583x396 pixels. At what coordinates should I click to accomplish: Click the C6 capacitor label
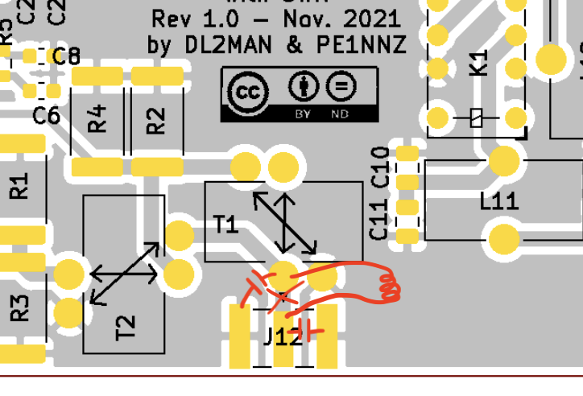click(46, 116)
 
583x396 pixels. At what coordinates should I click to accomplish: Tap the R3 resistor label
click(19, 307)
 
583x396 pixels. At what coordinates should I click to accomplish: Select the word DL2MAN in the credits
click(228, 45)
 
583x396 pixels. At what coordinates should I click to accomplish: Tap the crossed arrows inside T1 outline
click(285, 221)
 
